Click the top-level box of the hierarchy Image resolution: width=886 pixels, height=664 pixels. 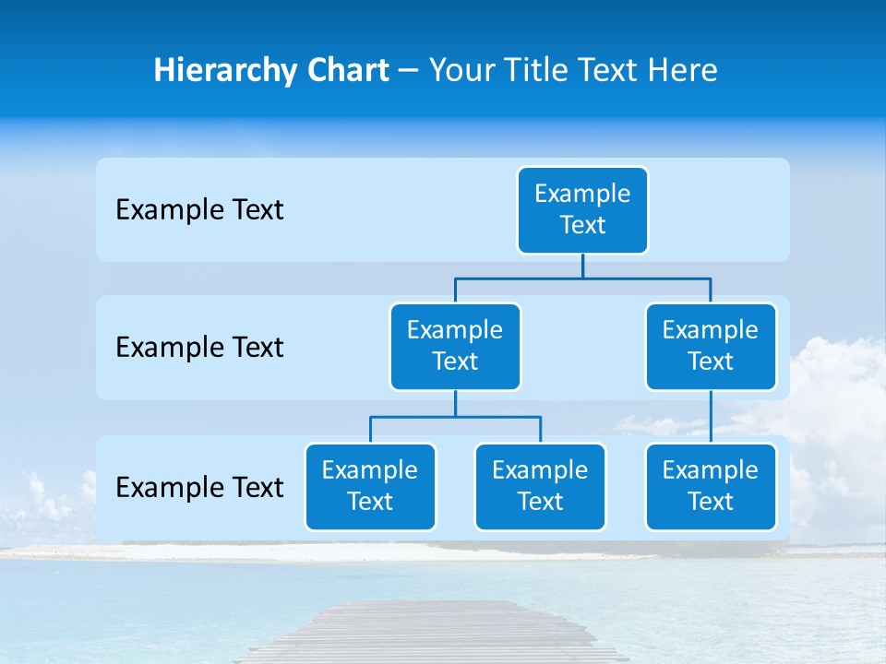point(582,209)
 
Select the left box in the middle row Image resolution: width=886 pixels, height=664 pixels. point(455,346)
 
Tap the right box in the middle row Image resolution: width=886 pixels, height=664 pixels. point(711,346)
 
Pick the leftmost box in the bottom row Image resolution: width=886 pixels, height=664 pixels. point(370,486)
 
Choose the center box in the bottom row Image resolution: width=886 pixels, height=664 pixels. point(540,486)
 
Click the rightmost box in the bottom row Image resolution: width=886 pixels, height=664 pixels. point(711,486)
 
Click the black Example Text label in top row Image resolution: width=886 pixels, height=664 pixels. point(199,210)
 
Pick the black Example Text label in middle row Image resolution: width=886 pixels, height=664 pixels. point(199,348)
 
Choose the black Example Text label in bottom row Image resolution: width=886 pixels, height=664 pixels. point(199,488)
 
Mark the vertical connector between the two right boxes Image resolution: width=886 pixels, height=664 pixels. point(711,416)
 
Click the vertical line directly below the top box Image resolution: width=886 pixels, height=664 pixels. point(582,266)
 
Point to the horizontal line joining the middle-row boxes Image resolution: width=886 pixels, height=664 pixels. point(582,278)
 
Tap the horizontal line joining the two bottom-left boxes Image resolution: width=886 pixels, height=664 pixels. point(455,417)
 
